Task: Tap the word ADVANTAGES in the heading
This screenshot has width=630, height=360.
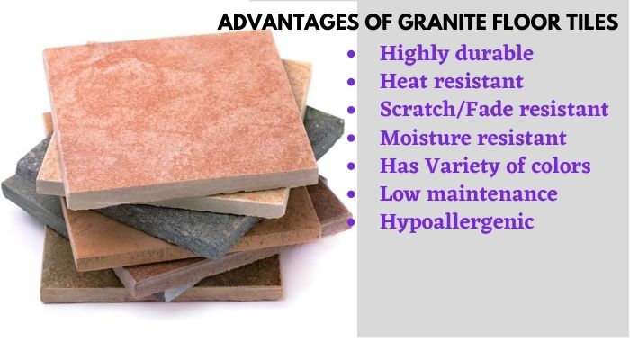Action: (x=288, y=22)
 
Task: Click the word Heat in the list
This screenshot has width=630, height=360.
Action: (x=405, y=81)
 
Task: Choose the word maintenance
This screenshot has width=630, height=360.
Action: (x=491, y=193)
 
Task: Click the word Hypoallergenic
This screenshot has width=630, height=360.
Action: (x=457, y=222)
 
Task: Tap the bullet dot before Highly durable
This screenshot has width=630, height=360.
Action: (x=351, y=54)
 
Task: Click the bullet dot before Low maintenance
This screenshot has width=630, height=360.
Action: (x=351, y=194)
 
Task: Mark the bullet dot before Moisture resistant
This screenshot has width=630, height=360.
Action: (x=351, y=139)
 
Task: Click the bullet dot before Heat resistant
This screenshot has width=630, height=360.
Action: (x=351, y=82)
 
